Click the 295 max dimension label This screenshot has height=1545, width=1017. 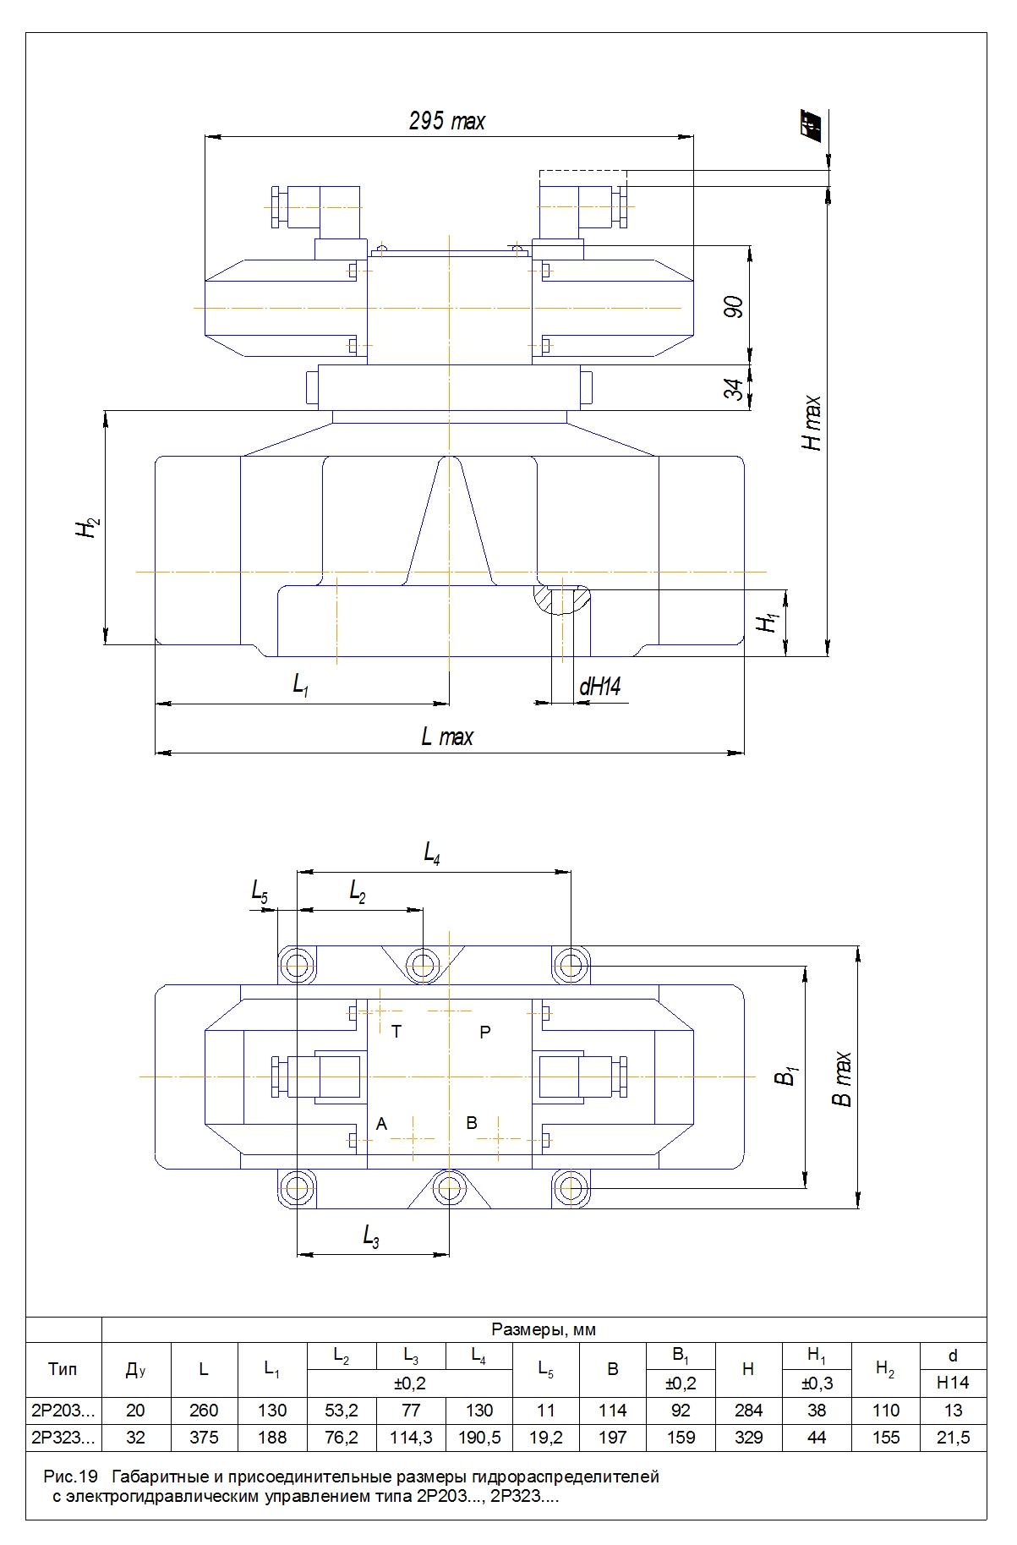[447, 122]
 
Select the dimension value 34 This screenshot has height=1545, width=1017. [736, 389]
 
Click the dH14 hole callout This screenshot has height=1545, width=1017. [599, 687]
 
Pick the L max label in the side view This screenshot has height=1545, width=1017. [447, 737]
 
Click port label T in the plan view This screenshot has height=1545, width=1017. [396, 1032]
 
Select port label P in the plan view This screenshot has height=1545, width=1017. [485, 1032]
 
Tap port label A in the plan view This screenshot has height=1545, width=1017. [381, 1124]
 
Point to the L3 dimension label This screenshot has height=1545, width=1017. [371, 1238]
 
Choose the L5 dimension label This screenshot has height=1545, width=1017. [260, 890]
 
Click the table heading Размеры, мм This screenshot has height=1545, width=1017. [544, 1330]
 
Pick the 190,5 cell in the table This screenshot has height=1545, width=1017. [478, 1438]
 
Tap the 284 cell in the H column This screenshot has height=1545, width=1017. [748, 1411]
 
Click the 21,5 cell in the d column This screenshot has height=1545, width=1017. [953, 1438]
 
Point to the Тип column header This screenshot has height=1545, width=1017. [63, 1370]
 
